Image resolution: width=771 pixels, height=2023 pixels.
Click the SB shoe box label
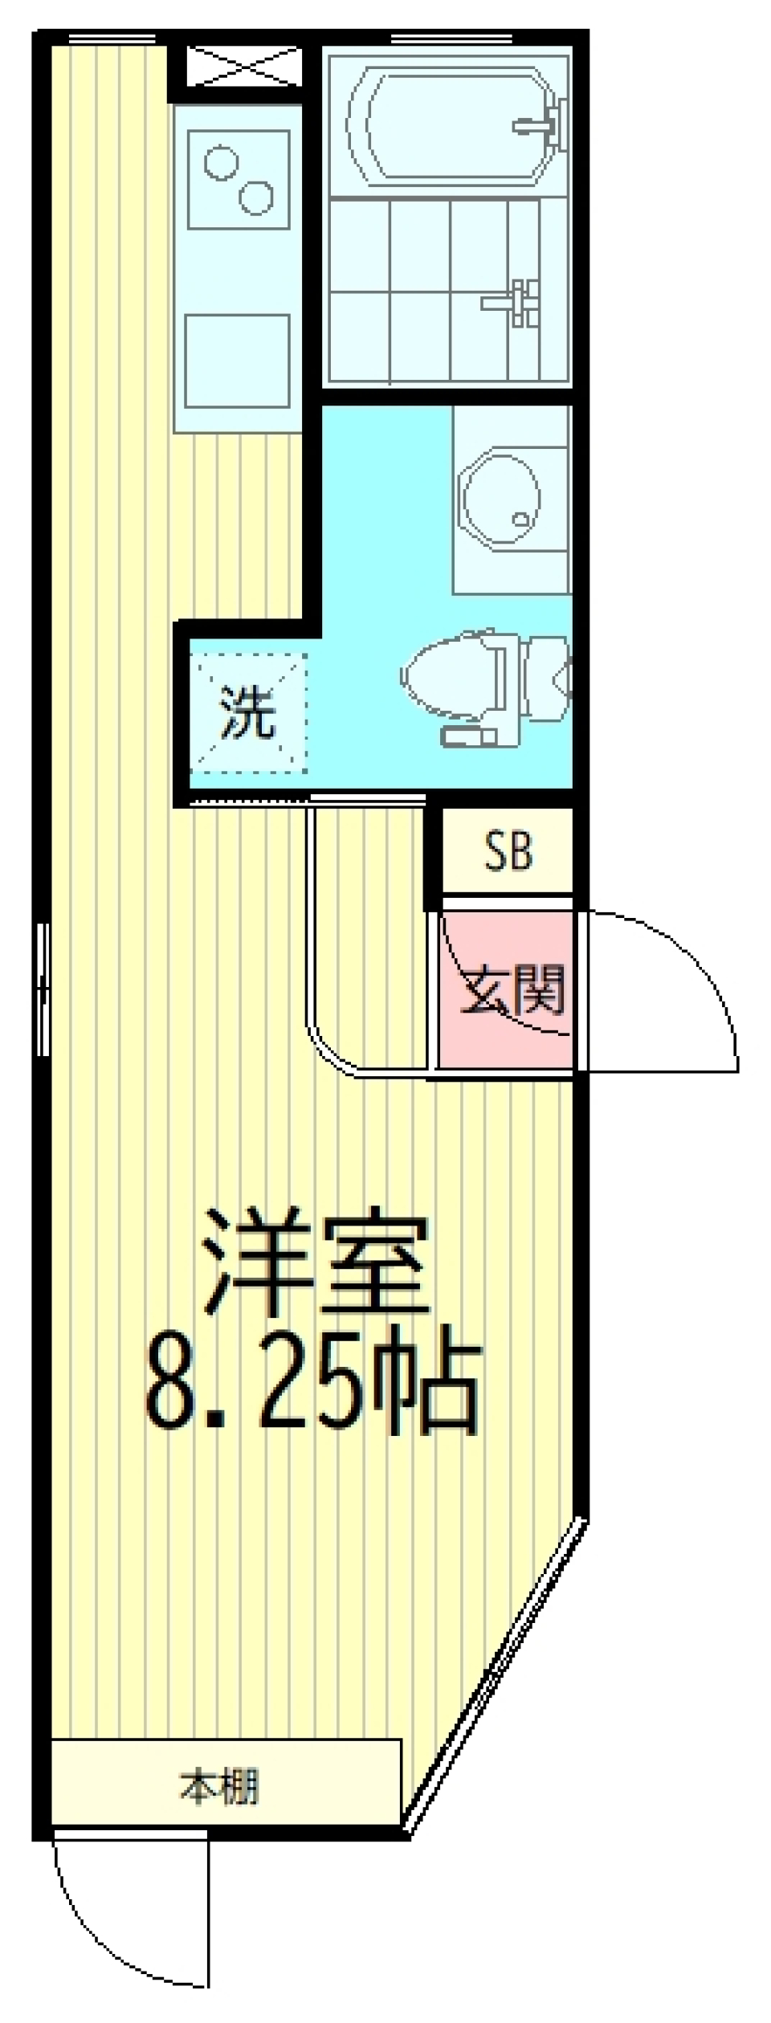point(508,851)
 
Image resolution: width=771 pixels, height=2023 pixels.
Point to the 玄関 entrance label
point(512,989)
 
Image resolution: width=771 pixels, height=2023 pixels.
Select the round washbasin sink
point(500,500)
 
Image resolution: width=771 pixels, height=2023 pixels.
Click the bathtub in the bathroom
point(450,124)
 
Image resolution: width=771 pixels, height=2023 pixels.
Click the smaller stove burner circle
point(221,163)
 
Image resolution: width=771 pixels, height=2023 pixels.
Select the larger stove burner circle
point(257,197)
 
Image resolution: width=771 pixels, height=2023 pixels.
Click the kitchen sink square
point(237,361)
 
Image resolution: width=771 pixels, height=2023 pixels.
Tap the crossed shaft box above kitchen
point(243,66)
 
